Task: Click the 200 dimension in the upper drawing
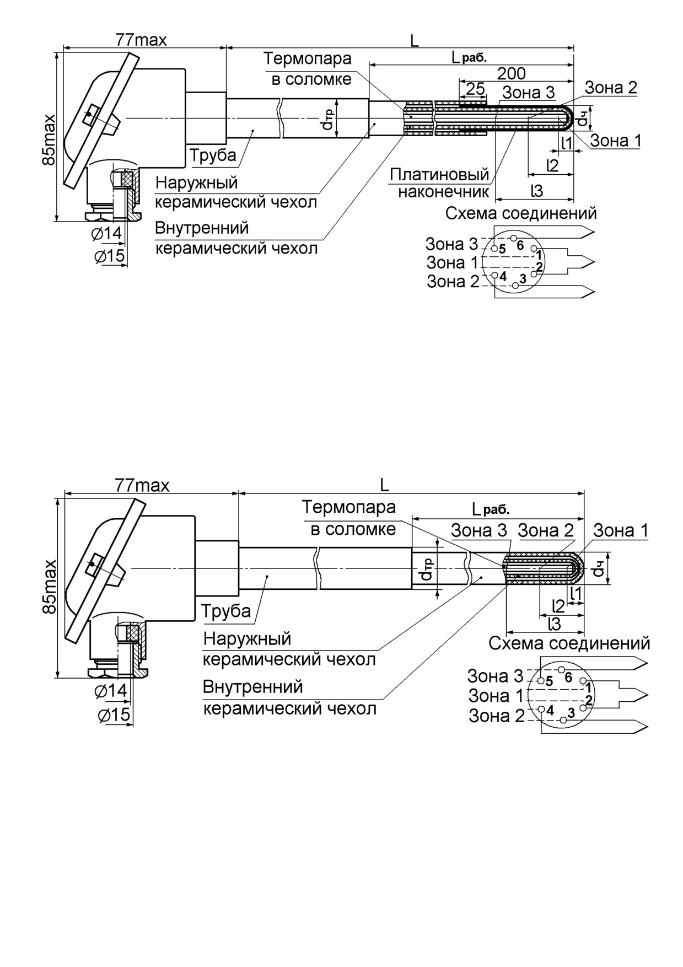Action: [512, 73]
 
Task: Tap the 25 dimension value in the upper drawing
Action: [475, 89]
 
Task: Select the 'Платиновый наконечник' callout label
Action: [440, 183]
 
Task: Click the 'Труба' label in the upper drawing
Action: [213, 155]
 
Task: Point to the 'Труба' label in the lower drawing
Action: [226, 611]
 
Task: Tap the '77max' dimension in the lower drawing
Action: [142, 485]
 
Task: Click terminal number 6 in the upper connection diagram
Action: [520, 245]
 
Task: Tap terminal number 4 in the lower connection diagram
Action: [550, 710]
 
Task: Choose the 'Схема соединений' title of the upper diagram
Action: [521, 213]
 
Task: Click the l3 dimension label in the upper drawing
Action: [536, 191]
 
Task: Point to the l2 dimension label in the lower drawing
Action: [558, 606]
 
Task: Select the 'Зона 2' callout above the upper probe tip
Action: [611, 87]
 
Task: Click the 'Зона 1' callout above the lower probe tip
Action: [621, 530]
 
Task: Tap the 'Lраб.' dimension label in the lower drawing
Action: [491, 508]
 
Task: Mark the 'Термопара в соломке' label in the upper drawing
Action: [308, 68]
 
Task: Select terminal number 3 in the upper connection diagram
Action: [523, 278]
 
